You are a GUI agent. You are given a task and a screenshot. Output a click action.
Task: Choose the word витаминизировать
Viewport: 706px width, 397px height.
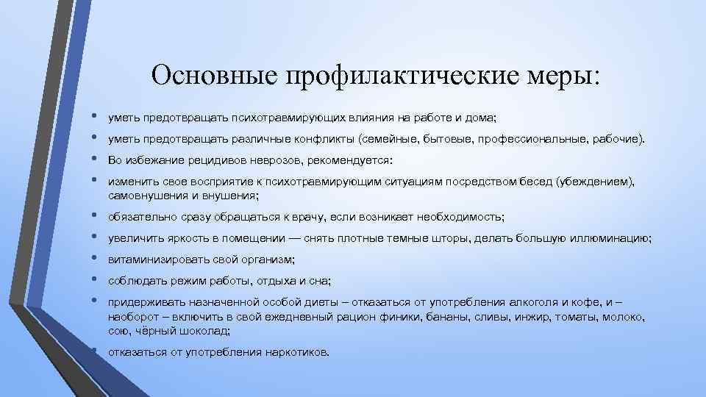coord(153,260)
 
